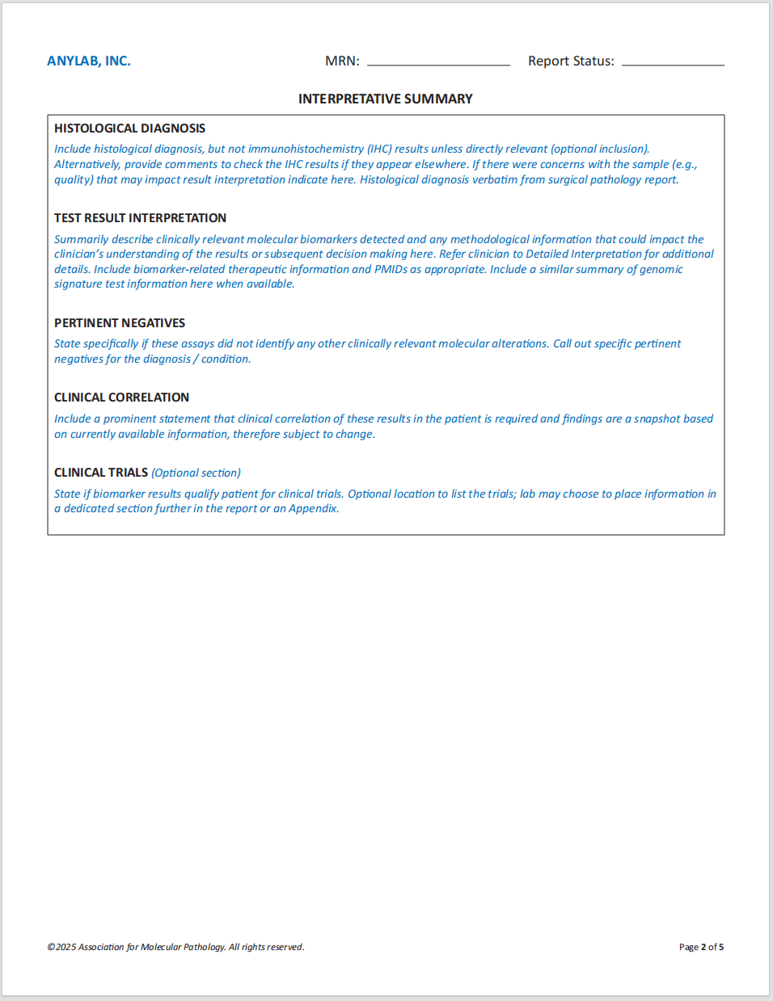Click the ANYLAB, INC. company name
[89, 61]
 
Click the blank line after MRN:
[438, 63]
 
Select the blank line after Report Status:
[673, 63]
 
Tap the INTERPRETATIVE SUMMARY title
[386, 99]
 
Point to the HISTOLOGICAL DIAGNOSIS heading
[129, 128]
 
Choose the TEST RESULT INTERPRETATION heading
[140, 218]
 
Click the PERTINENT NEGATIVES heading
[120, 323]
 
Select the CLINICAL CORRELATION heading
[121, 397]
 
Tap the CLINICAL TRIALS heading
[101, 473]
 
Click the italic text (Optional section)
[196, 473]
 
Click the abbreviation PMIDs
[391, 269]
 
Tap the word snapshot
[657, 418]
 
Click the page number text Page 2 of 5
[701, 947]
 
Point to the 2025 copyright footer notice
[175, 947]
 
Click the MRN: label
[342, 61]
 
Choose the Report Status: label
[571, 61]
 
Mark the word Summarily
[81, 240]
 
